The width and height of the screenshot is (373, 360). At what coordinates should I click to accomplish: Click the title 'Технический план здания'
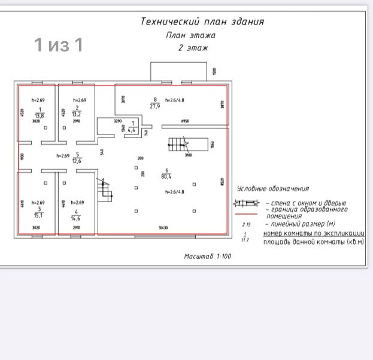coord(202,22)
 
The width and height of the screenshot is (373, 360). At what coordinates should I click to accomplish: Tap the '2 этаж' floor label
coord(193,48)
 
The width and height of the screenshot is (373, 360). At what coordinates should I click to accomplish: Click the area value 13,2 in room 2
coord(77,114)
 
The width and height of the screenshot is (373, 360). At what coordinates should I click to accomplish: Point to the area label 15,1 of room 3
coord(39,216)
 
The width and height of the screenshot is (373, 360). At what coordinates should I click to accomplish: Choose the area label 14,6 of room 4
coord(76,218)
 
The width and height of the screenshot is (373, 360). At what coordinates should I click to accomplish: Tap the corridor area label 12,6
coord(77,160)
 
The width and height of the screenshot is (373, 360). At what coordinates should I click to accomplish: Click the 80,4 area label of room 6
coord(166,176)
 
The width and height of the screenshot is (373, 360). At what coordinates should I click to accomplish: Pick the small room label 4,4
coord(132,129)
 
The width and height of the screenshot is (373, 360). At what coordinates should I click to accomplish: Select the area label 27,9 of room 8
coord(154,106)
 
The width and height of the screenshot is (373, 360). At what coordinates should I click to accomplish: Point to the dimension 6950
coord(185,121)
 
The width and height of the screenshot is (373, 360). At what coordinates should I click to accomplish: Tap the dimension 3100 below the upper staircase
coord(187,155)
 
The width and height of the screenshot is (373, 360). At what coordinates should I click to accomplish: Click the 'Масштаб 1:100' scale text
coord(207,256)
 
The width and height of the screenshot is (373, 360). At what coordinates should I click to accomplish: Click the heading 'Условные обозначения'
coord(273,189)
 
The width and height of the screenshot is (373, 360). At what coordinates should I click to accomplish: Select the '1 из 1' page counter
coord(58,45)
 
